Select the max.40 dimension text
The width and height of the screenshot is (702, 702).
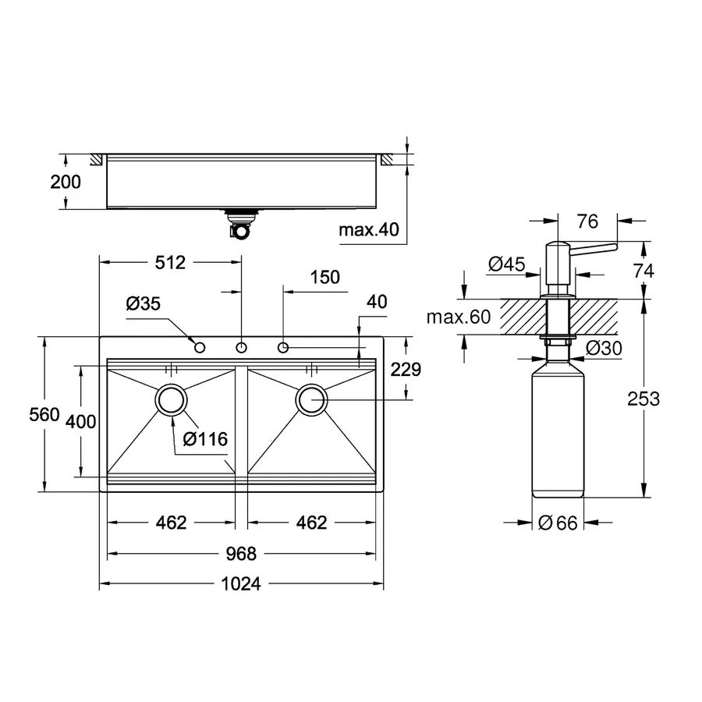(x=369, y=229)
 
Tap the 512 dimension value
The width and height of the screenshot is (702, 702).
(x=169, y=263)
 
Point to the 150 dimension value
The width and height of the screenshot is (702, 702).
(x=324, y=277)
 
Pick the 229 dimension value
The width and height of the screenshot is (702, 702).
(x=406, y=370)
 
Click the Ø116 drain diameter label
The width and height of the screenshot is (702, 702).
(x=205, y=439)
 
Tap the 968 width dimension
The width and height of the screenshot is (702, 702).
(x=241, y=554)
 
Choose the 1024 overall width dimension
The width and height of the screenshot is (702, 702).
(x=241, y=583)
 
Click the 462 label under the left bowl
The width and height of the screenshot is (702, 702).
(x=171, y=523)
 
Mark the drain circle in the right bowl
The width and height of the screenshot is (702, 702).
(x=311, y=399)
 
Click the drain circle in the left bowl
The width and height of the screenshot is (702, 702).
(x=171, y=399)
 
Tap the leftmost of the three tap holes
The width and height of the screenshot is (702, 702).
(x=200, y=346)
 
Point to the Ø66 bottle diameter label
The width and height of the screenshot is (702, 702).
(x=558, y=523)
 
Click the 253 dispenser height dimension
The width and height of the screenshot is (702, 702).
(x=643, y=399)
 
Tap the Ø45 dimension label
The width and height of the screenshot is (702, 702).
(x=505, y=265)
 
